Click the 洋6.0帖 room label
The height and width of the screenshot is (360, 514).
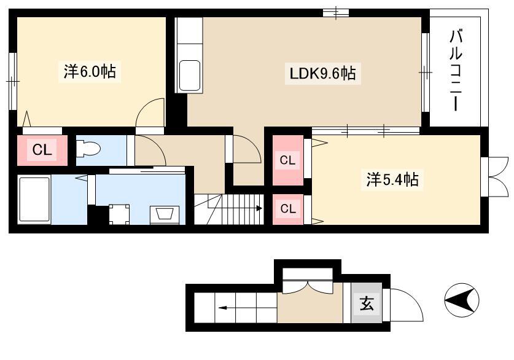(90, 71)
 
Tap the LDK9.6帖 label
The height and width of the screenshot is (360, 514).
(322, 73)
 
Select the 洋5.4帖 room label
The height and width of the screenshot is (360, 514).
(392, 179)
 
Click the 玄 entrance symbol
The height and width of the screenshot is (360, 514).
(367, 303)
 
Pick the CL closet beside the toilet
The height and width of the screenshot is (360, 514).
(42, 150)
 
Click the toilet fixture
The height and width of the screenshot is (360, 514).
(88, 149)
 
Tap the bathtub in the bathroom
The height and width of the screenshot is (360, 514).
(34, 200)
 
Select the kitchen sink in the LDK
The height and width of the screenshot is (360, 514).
(190, 76)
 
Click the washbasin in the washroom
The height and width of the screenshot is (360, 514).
(165, 215)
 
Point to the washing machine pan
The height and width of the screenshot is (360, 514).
(119, 214)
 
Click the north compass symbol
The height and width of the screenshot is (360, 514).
(462, 300)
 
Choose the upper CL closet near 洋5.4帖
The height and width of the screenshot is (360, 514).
(288, 160)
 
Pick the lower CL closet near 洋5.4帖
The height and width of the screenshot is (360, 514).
(288, 209)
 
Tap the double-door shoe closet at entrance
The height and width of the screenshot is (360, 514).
(308, 281)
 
